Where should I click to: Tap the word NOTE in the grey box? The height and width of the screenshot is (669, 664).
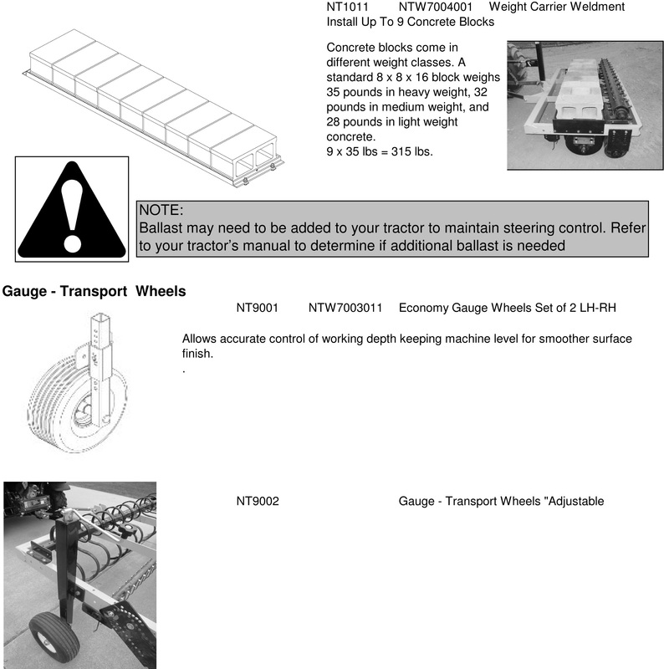click(161, 210)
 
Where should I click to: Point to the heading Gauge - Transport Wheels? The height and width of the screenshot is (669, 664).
click(94, 292)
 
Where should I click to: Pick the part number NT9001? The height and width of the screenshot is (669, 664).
click(257, 309)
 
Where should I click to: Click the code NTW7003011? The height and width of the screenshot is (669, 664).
click(345, 309)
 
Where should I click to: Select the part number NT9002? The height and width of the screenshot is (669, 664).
click(257, 502)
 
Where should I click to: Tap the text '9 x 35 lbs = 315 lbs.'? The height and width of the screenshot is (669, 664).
click(380, 152)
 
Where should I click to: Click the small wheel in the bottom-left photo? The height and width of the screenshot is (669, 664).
click(54, 635)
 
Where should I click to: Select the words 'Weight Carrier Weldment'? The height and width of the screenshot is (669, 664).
click(556, 7)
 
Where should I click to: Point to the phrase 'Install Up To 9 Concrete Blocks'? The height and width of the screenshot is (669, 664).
click(410, 22)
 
